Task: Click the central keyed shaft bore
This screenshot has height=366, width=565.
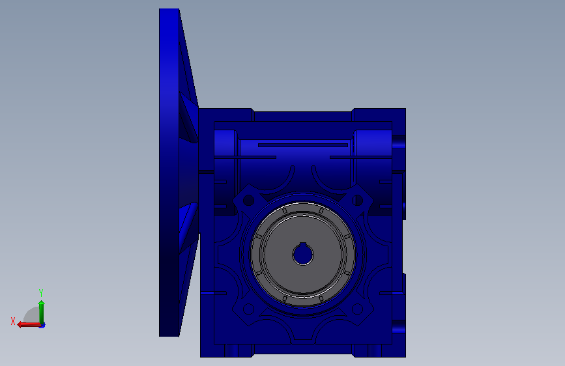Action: point(303,255)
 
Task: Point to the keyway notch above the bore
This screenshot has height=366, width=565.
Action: point(303,246)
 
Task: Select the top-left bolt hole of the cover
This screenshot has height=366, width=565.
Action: point(249,201)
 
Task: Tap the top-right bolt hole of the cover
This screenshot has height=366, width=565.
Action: point(357,201)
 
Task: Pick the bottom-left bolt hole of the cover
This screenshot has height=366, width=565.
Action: point(249,309)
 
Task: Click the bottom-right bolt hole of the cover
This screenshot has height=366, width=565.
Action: point(357,309)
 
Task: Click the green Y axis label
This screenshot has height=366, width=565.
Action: point(41,293)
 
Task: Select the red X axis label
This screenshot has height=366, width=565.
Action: point(13,321)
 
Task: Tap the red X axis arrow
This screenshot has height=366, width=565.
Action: point(29,325)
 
